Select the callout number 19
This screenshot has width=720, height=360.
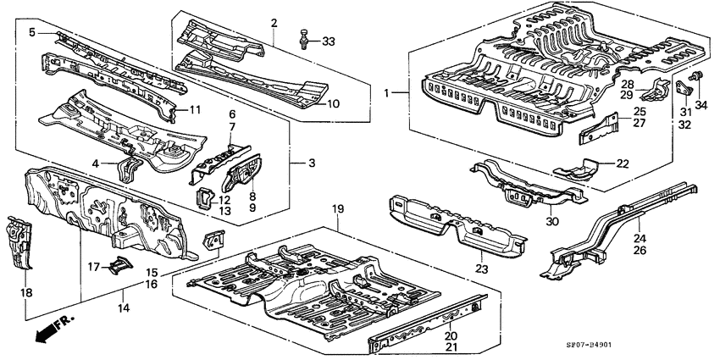[338, 209]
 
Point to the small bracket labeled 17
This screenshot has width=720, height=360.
[117, 265]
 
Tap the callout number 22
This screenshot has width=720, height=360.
[623, 164]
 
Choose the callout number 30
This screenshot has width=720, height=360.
[552, 223]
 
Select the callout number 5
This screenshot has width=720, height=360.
[32, 32]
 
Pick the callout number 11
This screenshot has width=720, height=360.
[194, 109]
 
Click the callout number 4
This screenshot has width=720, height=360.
[95, 163]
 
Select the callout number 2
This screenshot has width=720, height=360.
[274, 21]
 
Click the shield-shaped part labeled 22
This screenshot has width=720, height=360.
[579, 170]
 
